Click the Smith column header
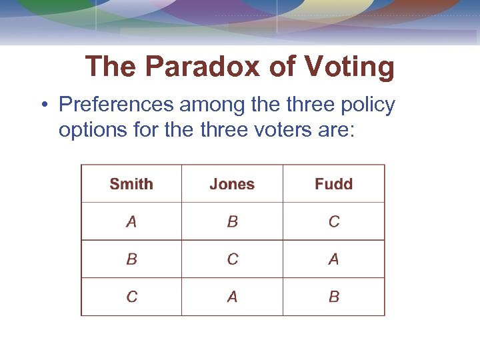pos(131,184)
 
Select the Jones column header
pos(232,184)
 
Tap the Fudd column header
pos(333,184)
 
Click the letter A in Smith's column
pos(131,222)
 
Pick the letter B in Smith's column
pos(131,259)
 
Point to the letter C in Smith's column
pos(131,297)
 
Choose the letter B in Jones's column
pos(232,222)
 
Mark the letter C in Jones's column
pos(232,259)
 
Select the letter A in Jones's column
pos(232,297)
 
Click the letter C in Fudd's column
pos(334,222)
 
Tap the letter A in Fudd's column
pos(334,259)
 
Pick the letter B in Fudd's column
pos(334,297)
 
